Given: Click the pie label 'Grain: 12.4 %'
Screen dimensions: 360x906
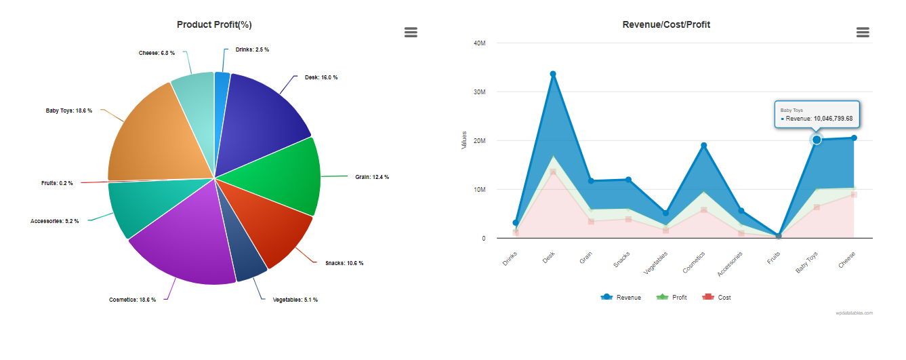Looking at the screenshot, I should [372, 177].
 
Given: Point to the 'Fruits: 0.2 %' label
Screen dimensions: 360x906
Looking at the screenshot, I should [57, 183].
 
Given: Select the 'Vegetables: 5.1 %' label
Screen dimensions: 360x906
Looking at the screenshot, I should [295, 300].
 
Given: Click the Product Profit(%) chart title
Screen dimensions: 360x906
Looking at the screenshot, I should [214, 24].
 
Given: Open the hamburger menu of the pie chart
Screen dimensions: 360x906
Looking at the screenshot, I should [411, 32].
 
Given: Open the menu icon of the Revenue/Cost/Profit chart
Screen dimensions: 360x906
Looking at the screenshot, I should [863, 32].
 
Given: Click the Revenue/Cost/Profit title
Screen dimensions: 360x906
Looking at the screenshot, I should [666, 24].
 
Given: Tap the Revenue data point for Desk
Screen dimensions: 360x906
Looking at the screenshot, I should [553, 74].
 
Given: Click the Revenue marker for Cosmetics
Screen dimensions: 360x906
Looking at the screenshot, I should [704, 146].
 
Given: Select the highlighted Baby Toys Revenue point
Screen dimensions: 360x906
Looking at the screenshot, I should [817, 140].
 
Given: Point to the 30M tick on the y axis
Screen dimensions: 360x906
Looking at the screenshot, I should [479, 92].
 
